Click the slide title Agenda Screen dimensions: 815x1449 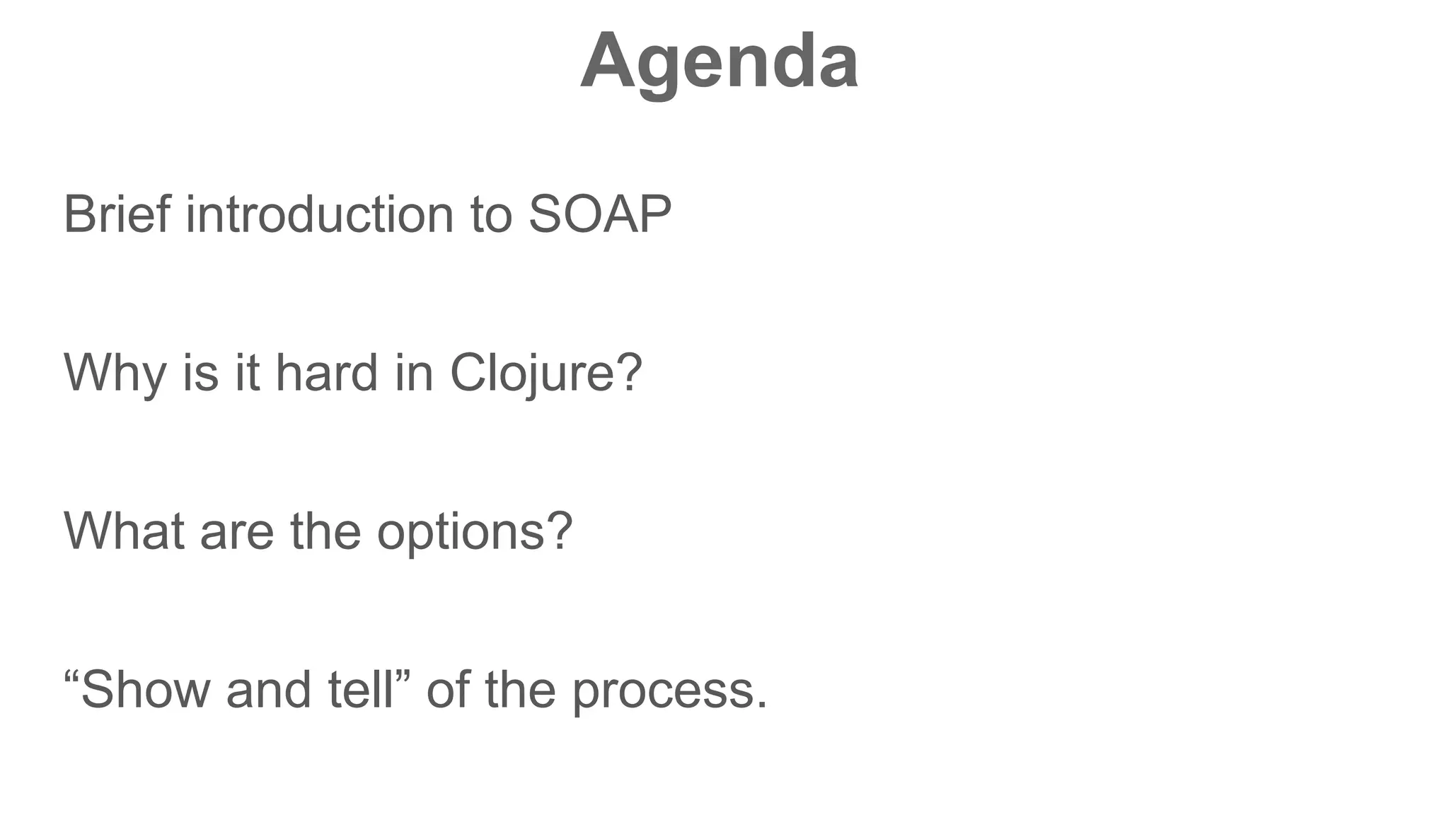pos(719,62)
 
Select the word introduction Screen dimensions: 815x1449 pos(319,214)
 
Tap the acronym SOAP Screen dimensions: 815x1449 pos(599,214)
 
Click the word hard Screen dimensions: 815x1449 pos(326,373)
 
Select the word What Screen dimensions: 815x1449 pos(124,531)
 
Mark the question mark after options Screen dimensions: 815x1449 pos(560,531)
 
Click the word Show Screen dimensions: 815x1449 pos(145,690)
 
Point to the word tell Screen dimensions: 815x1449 pos(360,690)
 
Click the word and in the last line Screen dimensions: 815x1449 pos(268,690)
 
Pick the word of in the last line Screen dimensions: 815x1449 pos(447,690)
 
